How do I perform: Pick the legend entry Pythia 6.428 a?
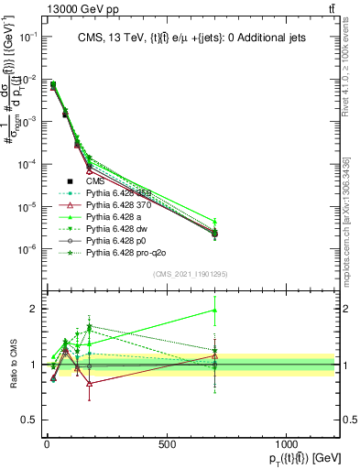pyautogui.click(x=117, y=221)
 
